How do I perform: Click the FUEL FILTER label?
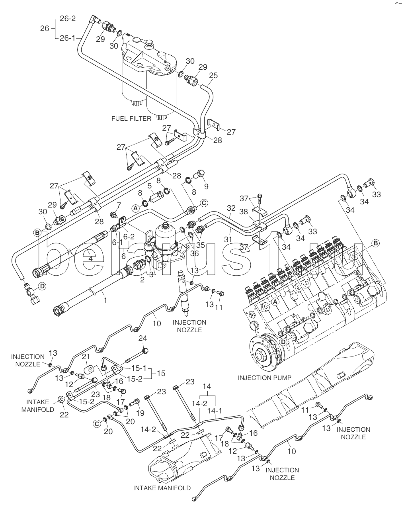pos(131,118)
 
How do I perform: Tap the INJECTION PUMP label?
pos(264,377)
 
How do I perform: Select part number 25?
pos(213,75)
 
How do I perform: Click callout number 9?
pos(206,186)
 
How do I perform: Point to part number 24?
pos(142,339)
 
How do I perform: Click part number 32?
pos(231,208)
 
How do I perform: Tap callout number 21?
pos(86,356)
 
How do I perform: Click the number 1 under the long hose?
pos(105,300)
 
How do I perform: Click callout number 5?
pos(149,186)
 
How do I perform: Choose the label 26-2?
pos(67,18)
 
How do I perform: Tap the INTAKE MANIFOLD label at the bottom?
pos(162,488)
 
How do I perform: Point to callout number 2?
pos(142,280)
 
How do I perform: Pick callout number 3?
pos(151,274)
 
